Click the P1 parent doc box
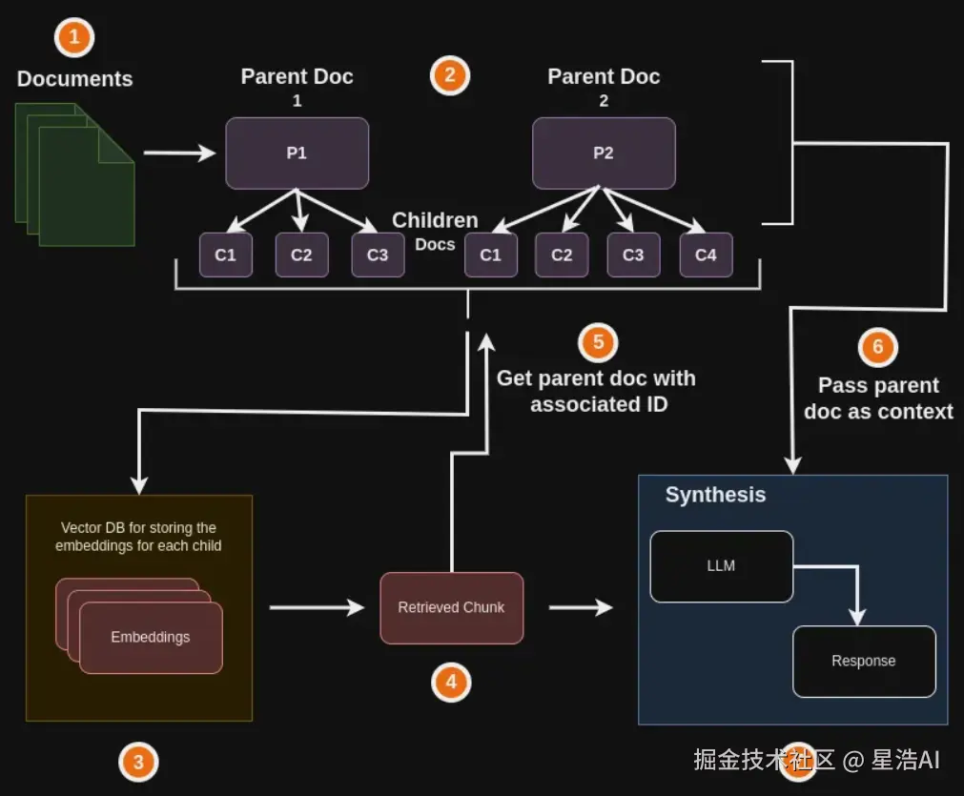[x=297, y=153]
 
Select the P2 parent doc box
[x=603, y=153]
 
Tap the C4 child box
[x=706, y=255]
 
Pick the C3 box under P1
[x=378, y=255]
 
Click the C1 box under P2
[x=490, y=255]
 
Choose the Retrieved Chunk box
[x=451, y=607]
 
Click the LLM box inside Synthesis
[x=721, y=566]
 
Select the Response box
[x=863, y=661]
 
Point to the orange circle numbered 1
[x=75, y=38]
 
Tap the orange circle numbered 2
[x=450, y=74]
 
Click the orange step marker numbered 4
[x=451, y=682]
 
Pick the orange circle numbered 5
[x=598, y=341]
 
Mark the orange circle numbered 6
[x=878, y=347]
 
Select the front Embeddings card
[x=151, y=637]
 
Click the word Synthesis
[x=715, y=495]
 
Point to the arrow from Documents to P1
[x=179, y=153]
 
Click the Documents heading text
[x=74, y=79]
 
